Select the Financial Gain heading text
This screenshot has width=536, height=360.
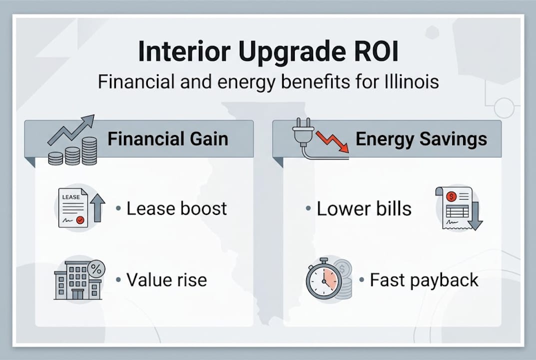point(168,138)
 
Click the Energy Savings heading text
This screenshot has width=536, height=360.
point(421,138)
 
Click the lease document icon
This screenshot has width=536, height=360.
point(72,208)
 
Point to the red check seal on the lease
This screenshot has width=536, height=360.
point(80,219)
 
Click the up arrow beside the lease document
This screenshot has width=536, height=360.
point(98,208)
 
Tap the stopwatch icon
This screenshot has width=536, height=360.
point(322,280)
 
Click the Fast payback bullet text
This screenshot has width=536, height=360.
point(424,279)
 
